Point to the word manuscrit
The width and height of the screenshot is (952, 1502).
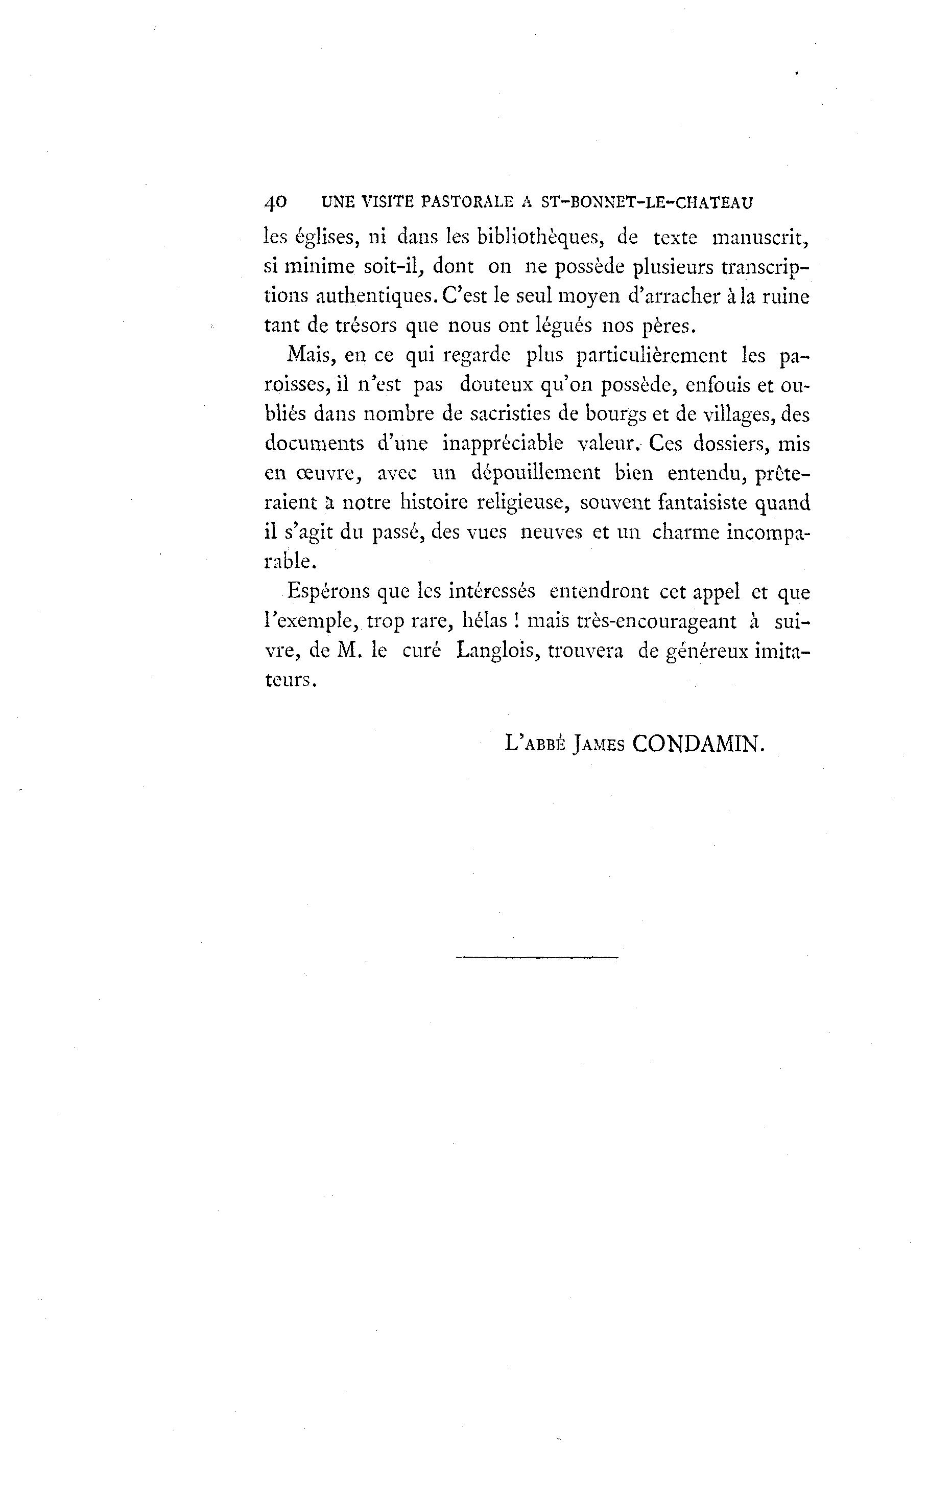(760, 238)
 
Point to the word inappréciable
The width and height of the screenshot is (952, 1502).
(503, 444)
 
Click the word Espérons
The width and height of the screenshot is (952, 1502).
(328, 591)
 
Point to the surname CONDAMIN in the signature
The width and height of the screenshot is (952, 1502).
(697, 743)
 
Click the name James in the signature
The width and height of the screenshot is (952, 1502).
(599, 744)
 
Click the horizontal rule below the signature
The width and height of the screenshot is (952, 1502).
(537, 957)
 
